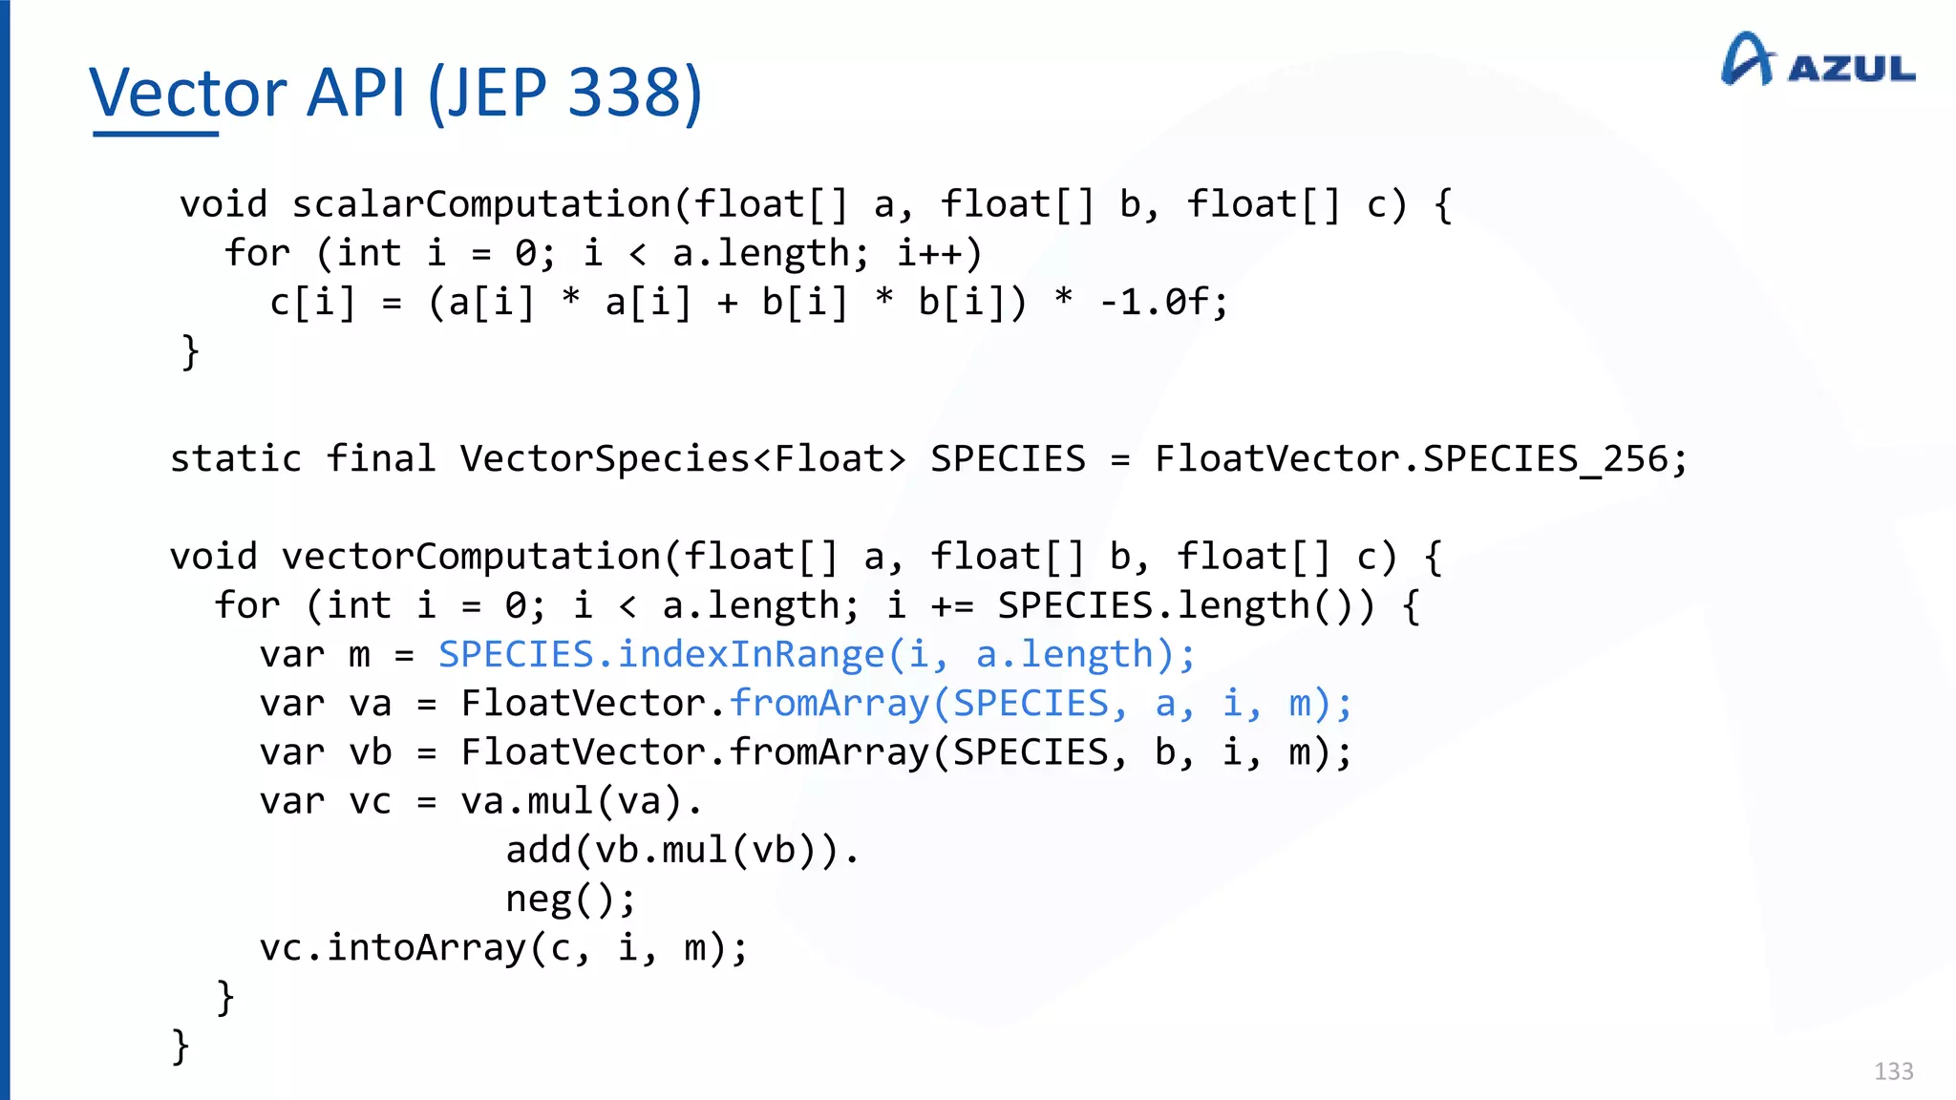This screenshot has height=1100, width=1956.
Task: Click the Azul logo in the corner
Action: point(1818,60)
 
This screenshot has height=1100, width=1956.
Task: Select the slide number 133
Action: point(1893,1071)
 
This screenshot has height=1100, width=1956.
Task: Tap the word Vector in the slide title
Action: point(188,93)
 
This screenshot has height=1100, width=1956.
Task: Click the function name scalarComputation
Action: point(481,204)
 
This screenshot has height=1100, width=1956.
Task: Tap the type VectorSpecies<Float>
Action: point(682,459)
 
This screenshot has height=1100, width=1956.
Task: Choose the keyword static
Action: point(236,459)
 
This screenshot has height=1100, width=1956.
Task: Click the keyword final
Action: point(380,459)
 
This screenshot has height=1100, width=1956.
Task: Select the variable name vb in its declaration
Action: point(371,752)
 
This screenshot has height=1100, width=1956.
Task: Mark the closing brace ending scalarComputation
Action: point(190,351)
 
